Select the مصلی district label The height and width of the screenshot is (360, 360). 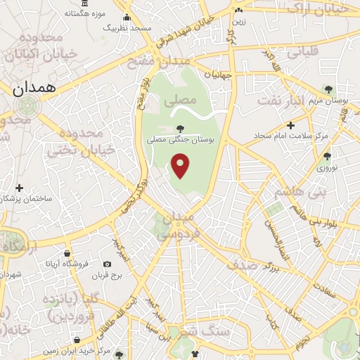point(180,101)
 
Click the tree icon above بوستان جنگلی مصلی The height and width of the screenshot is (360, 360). point(180,129)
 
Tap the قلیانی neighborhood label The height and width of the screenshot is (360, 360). point(300,51)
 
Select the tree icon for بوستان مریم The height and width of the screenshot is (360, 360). point(328,89)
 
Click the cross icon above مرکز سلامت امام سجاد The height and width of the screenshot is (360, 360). point(290,124)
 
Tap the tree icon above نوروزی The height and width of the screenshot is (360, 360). point(326,156)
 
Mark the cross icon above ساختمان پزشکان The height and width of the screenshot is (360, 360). point(19,188)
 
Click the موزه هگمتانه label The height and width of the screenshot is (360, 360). point(86,13)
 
